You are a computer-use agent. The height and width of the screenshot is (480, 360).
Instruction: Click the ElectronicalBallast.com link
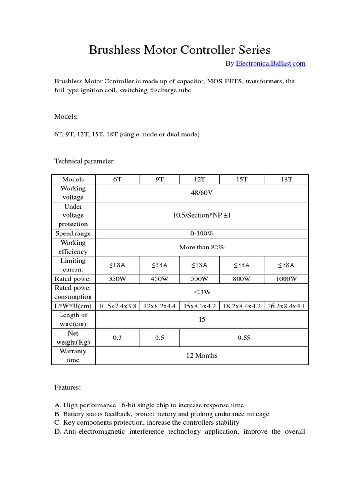click(270, 63)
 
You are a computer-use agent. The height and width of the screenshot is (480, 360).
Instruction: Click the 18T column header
click(286, 180)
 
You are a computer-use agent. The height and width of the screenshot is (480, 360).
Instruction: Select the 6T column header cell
click(117, 180)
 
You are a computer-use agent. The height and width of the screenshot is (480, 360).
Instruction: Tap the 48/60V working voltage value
click(202, 193)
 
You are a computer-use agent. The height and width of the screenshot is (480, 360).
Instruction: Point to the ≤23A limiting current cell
click(159, 265)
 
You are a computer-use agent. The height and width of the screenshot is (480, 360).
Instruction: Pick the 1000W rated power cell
click(286, 278)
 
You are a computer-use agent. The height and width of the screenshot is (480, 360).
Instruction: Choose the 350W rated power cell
click(117, 278)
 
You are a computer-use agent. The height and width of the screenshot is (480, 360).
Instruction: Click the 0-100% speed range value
click(202, 233)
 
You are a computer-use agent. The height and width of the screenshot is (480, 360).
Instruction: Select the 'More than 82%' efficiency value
click(202, 247)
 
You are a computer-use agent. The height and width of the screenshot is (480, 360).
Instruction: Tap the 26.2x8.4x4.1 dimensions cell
click(286, 306)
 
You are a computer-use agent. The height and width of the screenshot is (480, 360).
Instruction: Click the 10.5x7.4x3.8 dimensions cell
click(117, 306)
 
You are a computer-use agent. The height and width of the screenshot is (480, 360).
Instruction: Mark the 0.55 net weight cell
click(244, 337)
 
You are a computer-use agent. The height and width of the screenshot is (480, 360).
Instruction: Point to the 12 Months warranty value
click(202, 355)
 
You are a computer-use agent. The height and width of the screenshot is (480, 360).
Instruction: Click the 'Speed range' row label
click(73, 233)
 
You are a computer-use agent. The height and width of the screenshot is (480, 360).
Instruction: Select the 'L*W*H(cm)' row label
click(73, 306)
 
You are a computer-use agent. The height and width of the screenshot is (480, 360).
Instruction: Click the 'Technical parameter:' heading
click(85, 161)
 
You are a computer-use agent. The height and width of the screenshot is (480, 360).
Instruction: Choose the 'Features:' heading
click(67, 387)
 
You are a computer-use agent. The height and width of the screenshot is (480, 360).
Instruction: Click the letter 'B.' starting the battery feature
click(58, 414)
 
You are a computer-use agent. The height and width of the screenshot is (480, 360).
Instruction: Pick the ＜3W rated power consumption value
click(202, 292)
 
